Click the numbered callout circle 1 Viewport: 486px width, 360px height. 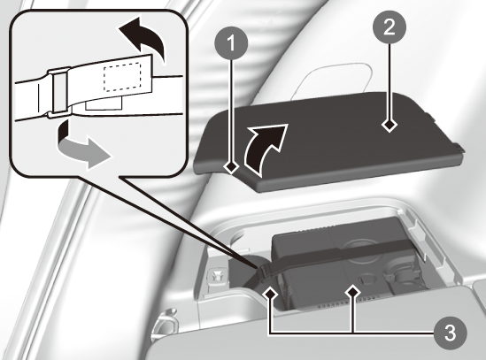coord(231,42)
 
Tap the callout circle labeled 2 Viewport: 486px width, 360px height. coord(390,27)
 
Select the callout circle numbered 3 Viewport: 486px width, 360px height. coord(450,333)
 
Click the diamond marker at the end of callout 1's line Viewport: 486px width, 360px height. coord(231,167)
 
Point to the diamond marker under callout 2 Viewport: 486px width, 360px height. coord(390,126)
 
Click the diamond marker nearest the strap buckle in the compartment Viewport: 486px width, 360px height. coord(270,293)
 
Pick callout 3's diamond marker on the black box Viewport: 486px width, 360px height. coord(352,292)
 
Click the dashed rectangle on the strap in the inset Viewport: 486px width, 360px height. coord(122,78)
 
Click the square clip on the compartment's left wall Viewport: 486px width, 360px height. coord(216,275)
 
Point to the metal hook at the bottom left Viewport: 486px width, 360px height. coord(165,322)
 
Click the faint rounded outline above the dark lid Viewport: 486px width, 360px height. coord(332,79)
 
